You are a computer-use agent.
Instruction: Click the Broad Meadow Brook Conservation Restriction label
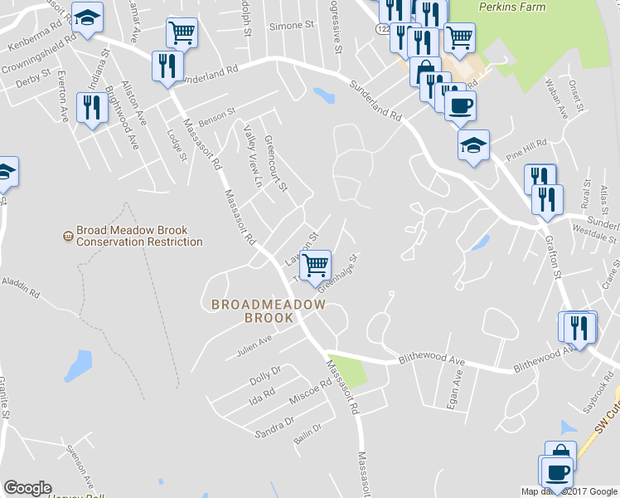pyautogui.click(x=138, y=237)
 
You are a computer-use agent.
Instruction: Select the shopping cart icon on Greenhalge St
pyautogui.click(x=315, y=266)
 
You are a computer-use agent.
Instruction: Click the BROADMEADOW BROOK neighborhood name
pyautogui.click(x=268, y=310)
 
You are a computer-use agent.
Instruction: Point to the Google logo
pyautogui.click(x=27, y=488)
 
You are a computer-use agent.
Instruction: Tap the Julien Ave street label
pyautogui.click(x=254, y=341)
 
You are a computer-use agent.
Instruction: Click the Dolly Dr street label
pyautogui.click(x=265, y=374)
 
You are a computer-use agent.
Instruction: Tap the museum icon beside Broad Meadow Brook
pyautogui.click(x=67, y=237)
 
